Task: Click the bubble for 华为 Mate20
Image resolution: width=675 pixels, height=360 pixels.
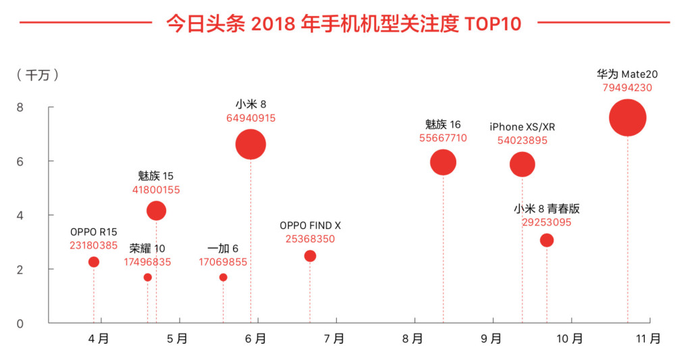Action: pos(627,118)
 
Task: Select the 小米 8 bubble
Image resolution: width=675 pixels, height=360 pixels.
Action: pos(250,145)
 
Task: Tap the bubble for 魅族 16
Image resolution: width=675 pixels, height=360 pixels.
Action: pos(443,162)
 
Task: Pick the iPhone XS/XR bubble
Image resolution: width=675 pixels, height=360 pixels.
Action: pos(522,164)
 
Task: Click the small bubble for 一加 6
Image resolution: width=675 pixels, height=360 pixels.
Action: pos(223,278)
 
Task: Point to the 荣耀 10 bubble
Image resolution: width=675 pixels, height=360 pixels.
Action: pos(147,278)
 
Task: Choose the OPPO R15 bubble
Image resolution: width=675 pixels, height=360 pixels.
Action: pos(94,262)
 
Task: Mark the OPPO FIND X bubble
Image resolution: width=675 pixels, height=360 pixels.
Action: pos(310,256)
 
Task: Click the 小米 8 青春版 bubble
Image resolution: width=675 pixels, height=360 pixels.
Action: pos(547,240)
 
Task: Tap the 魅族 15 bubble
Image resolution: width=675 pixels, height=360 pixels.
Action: pos(156,211)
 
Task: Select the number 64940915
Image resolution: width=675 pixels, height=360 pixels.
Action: pos(250,118)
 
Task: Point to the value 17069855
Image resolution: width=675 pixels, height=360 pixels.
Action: pos(223,262)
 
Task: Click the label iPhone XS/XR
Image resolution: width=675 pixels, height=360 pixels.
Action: pos(522,127)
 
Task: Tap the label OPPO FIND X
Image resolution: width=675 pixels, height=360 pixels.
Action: pos(310,226)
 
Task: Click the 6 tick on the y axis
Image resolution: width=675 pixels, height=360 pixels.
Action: pos(20,161)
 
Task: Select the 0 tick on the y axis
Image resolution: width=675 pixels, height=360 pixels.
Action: pos(20,324)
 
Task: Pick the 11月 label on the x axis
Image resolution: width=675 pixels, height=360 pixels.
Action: pos(649,339)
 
